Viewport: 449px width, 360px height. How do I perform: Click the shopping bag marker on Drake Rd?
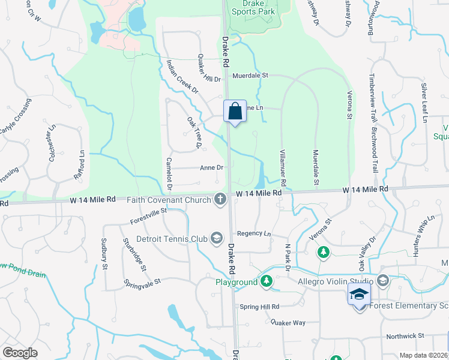(235, 112)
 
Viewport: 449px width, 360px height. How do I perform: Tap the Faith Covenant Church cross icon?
(220, 199)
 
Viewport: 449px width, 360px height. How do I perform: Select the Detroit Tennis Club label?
(171, 239)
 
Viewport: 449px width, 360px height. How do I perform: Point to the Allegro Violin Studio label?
(337, 281)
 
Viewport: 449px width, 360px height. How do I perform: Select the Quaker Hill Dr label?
(209, 69)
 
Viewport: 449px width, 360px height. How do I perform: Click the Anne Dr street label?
(211, 168)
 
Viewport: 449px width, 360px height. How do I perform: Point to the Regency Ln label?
(254, 233)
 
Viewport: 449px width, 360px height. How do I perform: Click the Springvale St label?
(142, 281)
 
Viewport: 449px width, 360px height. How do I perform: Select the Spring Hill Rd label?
(260, 307)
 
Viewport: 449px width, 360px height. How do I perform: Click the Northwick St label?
(405, 336)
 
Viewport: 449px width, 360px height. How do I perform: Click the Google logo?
(20, 352)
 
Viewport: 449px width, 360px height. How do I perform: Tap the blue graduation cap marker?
(359, 294)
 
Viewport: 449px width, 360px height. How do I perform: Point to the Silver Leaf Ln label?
(424, 103)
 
